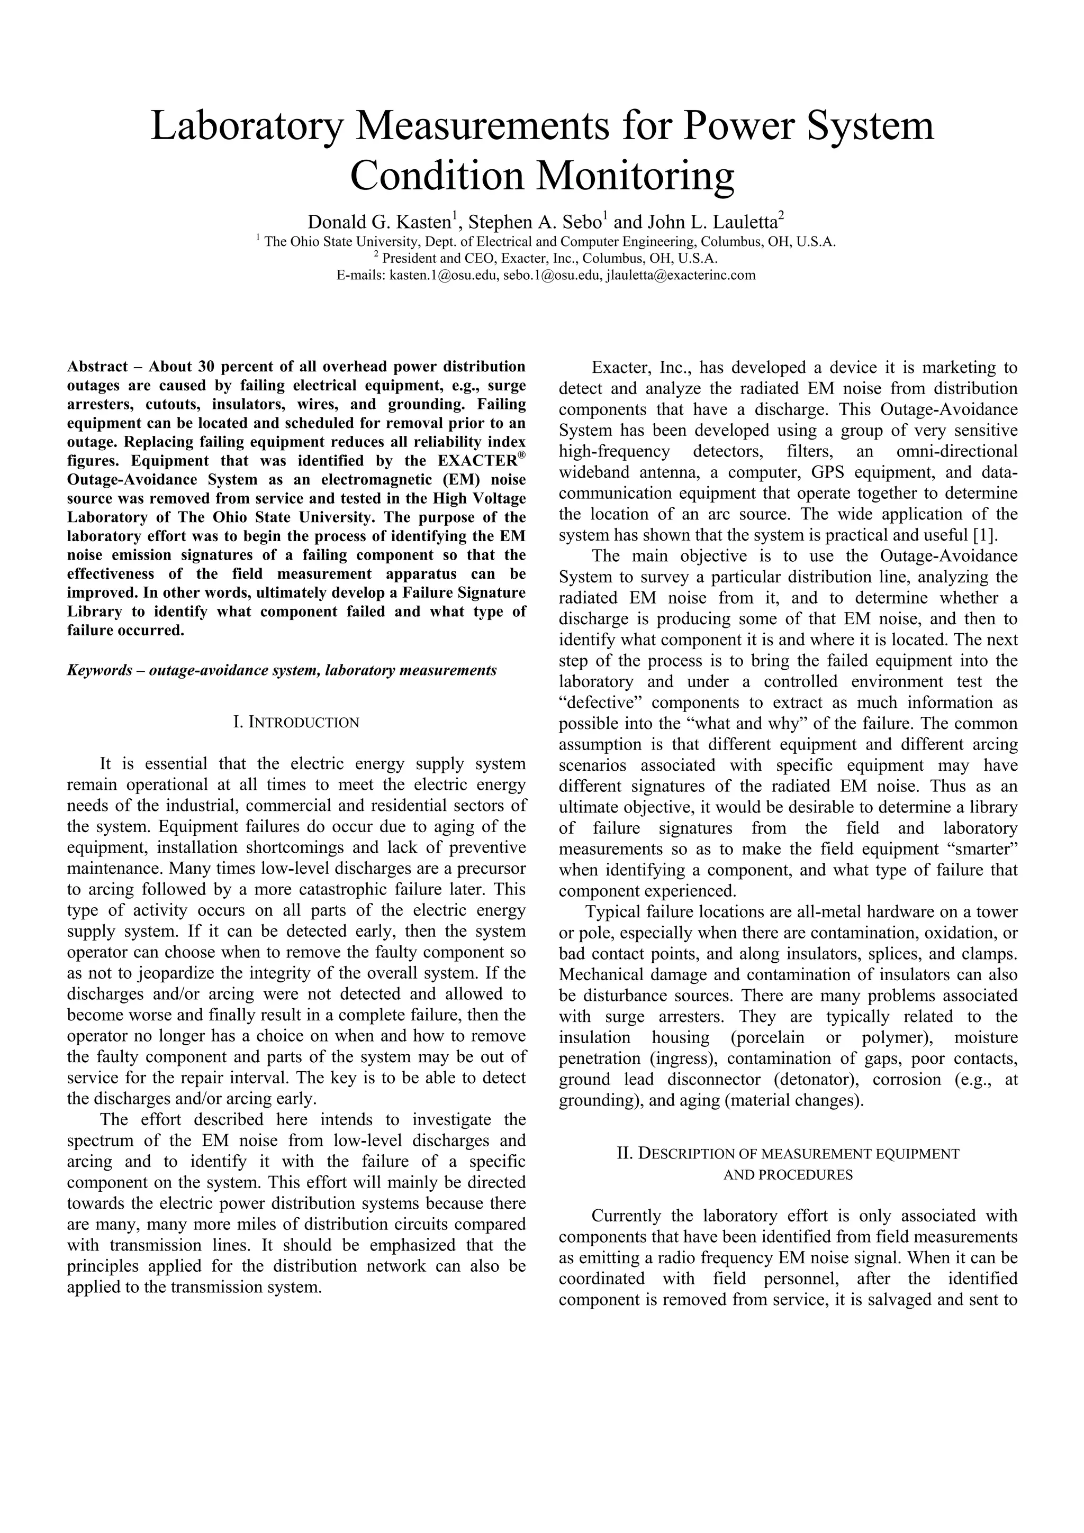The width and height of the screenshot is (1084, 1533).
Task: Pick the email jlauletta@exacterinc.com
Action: click(681, 275)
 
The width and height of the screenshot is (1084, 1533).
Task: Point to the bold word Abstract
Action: click(97, 367)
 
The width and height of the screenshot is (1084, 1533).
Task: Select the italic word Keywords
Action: click(100, 670)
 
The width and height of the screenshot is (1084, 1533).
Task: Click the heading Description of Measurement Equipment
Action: click(788, 1154)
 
